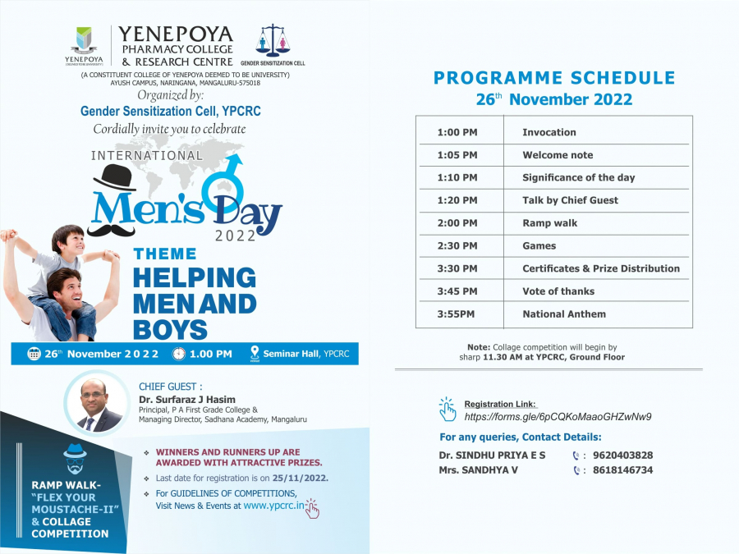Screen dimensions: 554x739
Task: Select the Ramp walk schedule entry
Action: point(549,223)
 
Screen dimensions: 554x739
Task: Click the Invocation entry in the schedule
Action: point(549,132)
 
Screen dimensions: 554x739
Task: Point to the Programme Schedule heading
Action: point(554,79)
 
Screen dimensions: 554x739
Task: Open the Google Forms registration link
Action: point(558,417)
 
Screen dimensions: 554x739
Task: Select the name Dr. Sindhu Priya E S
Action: point(492,456)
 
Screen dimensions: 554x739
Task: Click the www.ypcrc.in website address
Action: point(273,506)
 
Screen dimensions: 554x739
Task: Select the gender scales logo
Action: point(273,40)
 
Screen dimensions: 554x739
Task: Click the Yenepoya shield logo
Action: point(85,39)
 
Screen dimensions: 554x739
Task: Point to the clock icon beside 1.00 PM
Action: point(179,354)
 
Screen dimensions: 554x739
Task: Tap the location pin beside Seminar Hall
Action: point(255,354)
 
